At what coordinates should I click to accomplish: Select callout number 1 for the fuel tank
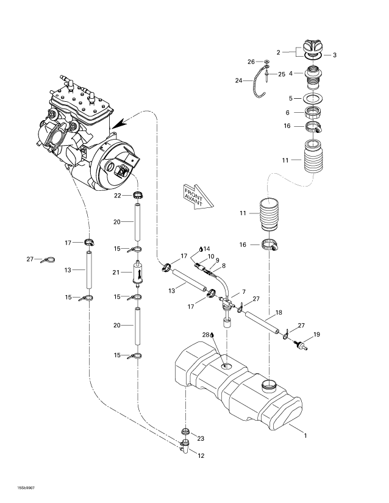point(305,436)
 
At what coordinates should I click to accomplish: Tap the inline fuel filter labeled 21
point(138,273)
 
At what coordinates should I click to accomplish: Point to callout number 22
point(118,195)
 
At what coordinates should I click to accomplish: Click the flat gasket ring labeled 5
point(313,98)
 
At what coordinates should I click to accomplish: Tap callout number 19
point(316,335)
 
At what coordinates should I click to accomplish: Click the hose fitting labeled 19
point(301,345)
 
